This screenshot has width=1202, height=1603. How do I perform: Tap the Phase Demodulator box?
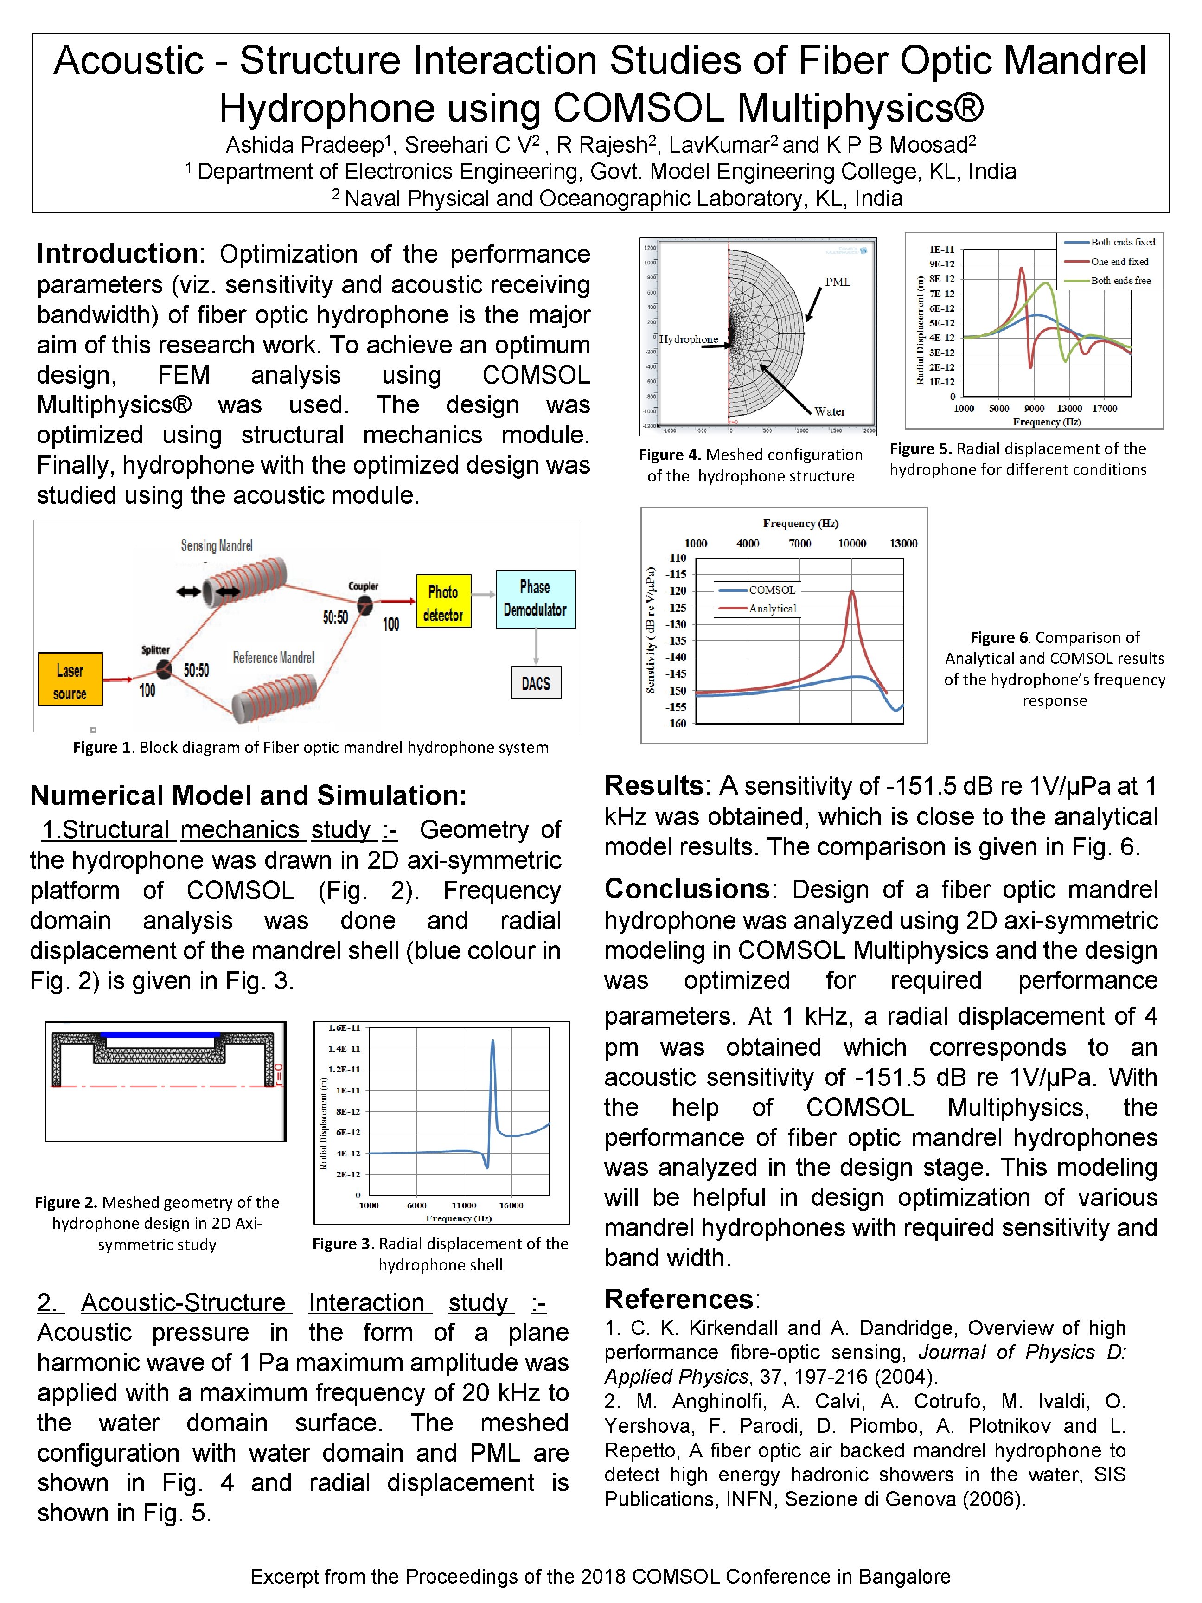536,599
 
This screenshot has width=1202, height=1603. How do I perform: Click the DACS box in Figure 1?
536,683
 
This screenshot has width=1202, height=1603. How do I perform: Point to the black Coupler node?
364,603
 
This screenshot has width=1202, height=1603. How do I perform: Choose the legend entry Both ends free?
1119,281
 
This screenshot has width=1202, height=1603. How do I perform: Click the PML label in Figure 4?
838,282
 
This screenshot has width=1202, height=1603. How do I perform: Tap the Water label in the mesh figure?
830,411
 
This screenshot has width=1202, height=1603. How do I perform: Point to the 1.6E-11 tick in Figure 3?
344,1027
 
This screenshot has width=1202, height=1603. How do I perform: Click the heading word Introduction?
117,254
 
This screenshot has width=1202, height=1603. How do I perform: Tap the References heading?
679,1299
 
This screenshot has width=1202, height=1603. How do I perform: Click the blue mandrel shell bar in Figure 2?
160,1035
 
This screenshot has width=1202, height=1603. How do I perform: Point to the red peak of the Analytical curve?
852,592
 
